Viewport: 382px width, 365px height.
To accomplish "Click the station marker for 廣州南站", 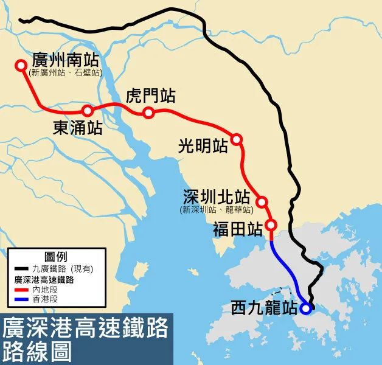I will tap(21, 64).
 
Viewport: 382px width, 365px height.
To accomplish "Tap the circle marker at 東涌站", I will tap(88, 111).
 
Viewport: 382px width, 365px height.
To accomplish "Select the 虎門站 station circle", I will tap(148, 113).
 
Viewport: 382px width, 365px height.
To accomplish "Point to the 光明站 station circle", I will tap(237, 140).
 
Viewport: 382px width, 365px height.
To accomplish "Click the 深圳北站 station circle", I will tap(262, 201).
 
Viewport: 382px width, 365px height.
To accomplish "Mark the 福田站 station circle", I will tap(272, 226).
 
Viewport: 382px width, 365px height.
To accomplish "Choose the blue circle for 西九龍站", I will tap(305, 308).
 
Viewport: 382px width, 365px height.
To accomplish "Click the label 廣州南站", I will tap(65, 61).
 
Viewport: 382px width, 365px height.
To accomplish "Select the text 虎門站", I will tap(151, 96).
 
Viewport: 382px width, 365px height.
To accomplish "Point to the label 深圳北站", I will tap(217, 197).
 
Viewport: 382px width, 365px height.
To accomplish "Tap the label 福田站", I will tap(238, 229).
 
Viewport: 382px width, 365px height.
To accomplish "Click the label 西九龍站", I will tap(262, 308).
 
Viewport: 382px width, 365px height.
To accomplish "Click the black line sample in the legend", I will tap(22, 268).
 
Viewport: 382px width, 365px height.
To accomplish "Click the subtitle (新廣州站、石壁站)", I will tap(65, 73).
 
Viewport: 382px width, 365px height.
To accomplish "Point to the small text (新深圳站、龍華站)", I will tap(217, 210).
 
